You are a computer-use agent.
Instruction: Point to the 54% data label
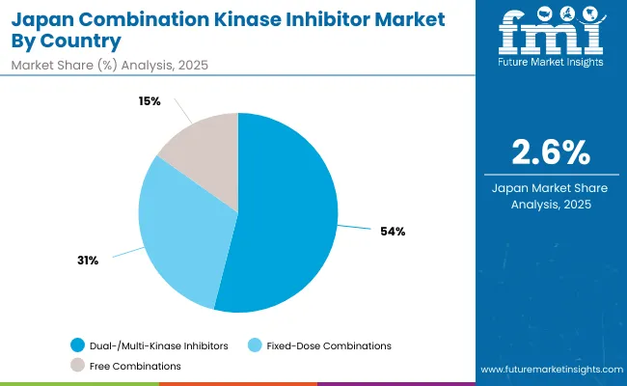[x=393, y=231]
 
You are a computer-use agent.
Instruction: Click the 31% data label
[x=87, y=260]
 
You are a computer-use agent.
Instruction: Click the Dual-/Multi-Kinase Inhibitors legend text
[x=160, y=345]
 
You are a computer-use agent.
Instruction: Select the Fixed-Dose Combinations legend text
[x=329, y=345]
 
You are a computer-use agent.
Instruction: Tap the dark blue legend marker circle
[x=77, y=345]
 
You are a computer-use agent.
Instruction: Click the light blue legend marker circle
[x=255, y=345]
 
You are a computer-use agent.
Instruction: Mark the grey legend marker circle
[x=77, y=366]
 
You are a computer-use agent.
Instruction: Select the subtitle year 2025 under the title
[x=191, y=65]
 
